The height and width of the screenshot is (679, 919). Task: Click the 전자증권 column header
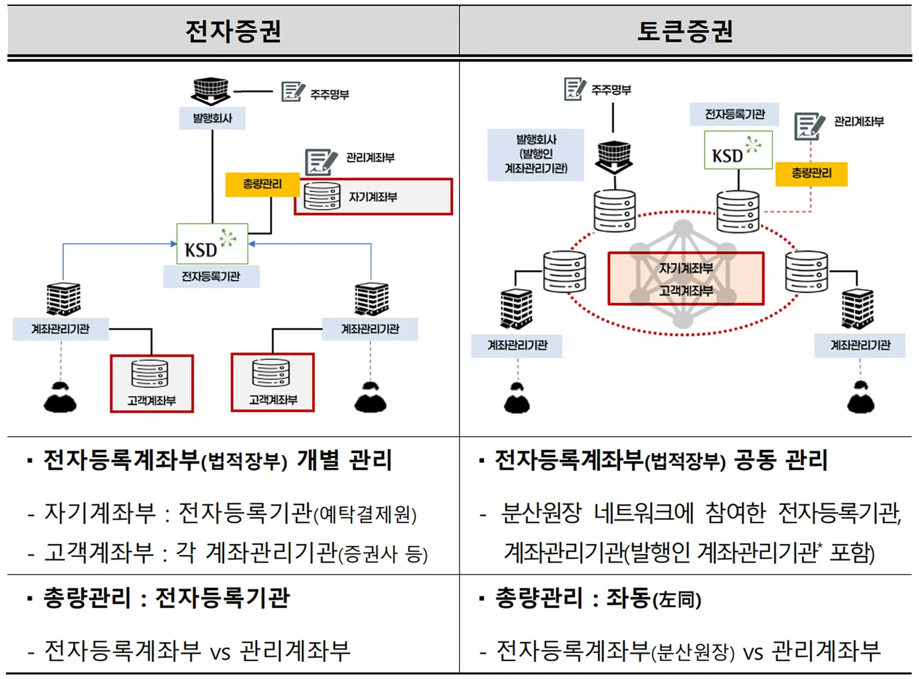(233, 32)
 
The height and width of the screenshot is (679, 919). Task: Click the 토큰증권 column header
(685, 32)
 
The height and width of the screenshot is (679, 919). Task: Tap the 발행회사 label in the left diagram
(212, 118)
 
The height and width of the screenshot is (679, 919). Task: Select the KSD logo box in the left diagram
(212, 244)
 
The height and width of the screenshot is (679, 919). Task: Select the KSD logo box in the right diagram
(738, 150)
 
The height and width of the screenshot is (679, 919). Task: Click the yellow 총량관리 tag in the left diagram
(262, 184)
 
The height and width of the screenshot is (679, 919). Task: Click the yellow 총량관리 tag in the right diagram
(811, 173)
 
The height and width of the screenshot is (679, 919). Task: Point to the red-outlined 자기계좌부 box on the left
(373, 197)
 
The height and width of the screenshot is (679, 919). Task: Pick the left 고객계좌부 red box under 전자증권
(152, 383)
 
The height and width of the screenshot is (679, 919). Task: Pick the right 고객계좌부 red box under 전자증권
(273, 383)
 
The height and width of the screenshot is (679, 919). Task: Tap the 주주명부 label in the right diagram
(611, 90)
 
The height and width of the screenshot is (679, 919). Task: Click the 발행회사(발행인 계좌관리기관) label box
(536, 154)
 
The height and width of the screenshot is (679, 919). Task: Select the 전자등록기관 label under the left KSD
(211, 276)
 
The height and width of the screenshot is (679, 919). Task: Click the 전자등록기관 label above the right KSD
(734, 114)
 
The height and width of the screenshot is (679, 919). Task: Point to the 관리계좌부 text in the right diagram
(859, 121)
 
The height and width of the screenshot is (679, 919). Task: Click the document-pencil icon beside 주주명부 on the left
(292, 91)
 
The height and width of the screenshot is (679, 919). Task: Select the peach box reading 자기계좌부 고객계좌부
(685, 278)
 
